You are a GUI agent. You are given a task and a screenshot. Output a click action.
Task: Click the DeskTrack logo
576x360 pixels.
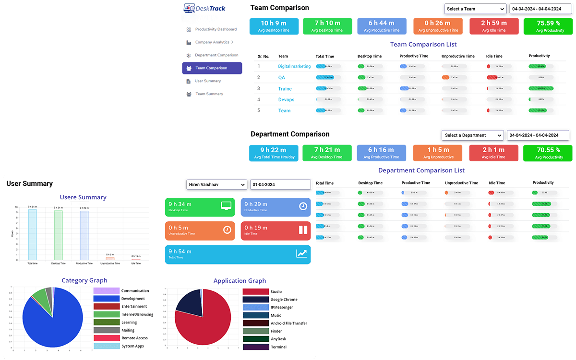(x=205, y=8)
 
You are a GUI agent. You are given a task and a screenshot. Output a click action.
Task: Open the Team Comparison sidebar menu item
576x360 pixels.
(x=212, y=68)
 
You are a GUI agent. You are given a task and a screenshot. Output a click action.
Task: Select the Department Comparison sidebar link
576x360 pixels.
(x=216, y=55)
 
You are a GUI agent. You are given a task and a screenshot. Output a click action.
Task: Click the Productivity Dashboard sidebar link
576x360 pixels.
(x=216, y=29)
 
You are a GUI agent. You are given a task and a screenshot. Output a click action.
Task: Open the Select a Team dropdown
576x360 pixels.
(x=475, y=9)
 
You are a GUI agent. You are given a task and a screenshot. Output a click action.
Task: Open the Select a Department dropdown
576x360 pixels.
(x=472, y=135)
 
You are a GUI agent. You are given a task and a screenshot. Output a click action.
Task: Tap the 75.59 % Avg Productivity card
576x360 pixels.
(x=548, y=26)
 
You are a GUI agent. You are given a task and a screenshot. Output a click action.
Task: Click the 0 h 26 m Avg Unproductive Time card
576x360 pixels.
(x=438, y=26)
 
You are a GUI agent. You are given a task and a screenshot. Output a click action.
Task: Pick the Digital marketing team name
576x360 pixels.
(x=294, y=66)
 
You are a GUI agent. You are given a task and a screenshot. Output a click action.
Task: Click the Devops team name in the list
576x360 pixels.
(x=286, y=100)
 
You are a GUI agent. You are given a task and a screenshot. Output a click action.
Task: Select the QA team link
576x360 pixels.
(x=282, y=77)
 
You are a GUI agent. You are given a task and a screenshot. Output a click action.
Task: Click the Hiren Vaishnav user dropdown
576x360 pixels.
(x=216, y=184)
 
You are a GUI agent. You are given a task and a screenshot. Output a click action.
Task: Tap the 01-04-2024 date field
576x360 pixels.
(x=280, y=184)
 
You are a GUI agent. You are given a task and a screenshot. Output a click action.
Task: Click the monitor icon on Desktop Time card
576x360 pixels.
(x=226, y=206)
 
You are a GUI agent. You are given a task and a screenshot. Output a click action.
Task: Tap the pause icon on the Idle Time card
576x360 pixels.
(x=303, y=229)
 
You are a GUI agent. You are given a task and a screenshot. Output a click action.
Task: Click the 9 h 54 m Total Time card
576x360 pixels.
(x=238, y=254)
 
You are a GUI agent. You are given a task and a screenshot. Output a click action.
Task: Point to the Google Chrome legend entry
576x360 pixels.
(x=283, y=300)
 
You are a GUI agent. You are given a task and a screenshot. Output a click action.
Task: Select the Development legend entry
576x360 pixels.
(x=132, y=299)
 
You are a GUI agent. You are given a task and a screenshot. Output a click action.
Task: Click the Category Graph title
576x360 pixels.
(x=84, y=280)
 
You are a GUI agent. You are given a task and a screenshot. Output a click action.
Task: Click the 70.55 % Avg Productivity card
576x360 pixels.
(x=548, y=153)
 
